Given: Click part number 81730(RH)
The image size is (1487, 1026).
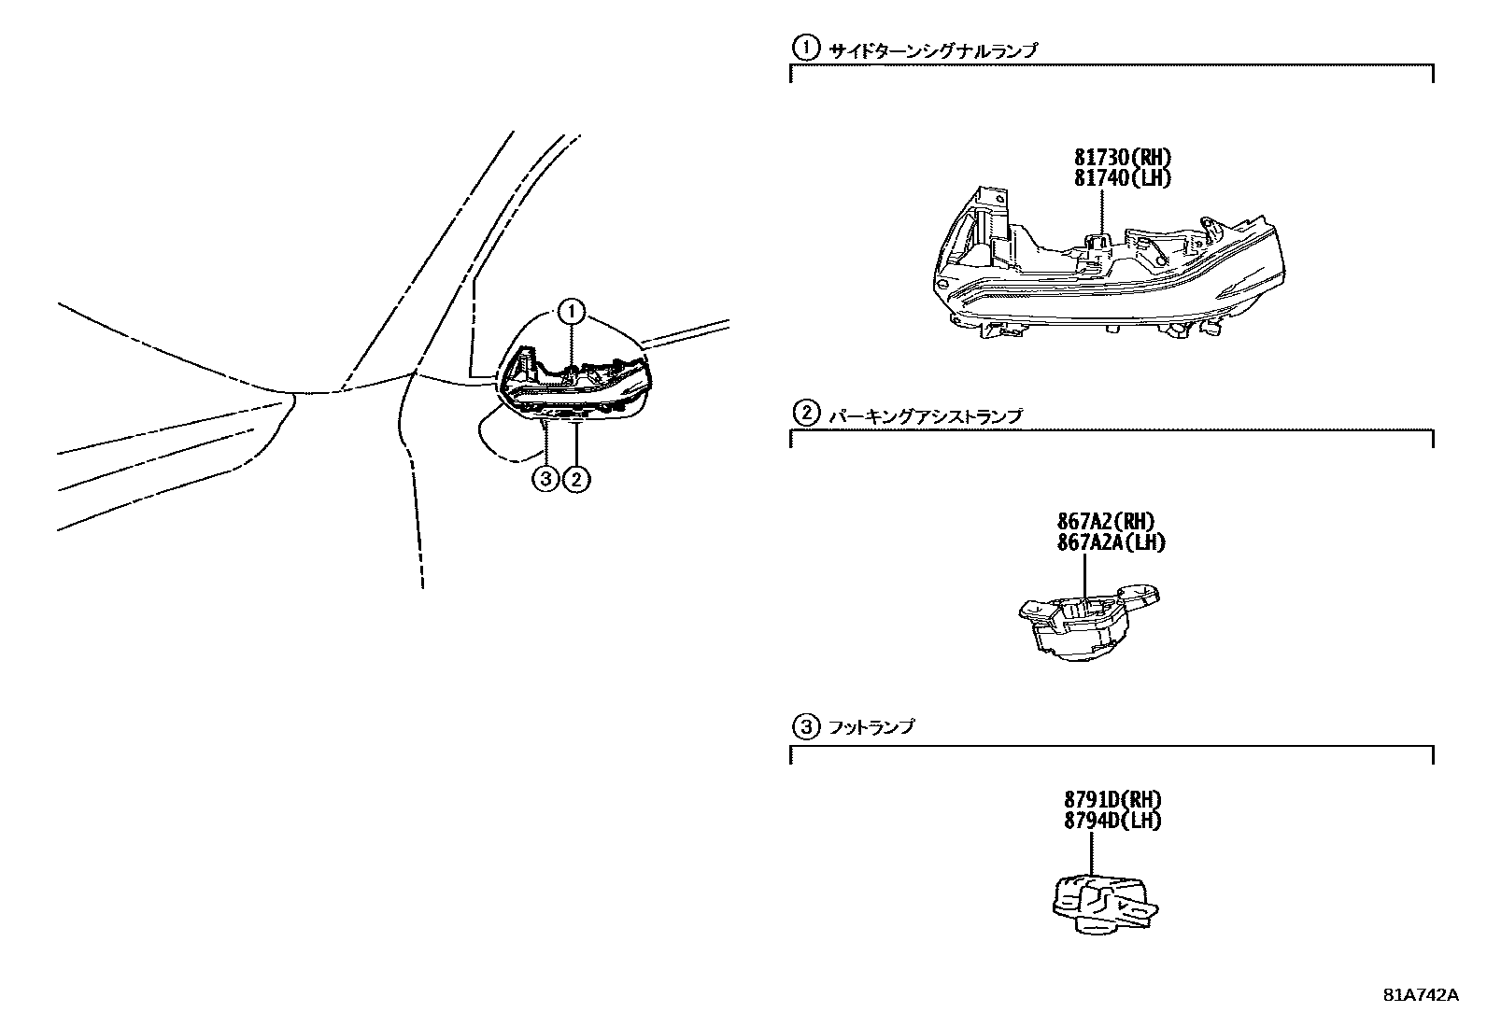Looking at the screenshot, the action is [x=1122, y=158].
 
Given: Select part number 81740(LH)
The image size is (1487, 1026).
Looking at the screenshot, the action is [x=1122, y=177].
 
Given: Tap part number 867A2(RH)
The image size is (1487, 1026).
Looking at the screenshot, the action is [x=1106, y=521].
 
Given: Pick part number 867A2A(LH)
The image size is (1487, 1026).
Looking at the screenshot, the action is [x=1112, y=541].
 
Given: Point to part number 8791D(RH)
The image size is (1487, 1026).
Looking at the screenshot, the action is [x=1112, y=800].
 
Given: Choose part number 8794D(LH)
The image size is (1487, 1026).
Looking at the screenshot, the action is [x=1112, y=821].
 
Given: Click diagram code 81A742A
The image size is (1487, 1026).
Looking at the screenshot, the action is [x=1420, y=994].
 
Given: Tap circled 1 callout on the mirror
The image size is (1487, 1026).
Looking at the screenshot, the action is [x=572, y=313].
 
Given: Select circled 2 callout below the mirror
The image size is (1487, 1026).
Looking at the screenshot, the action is [x=577, y=480].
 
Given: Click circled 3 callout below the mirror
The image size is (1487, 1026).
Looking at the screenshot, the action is [x=545, y=480].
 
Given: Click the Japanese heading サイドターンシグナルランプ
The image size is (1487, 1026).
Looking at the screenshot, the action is [x=932, y=51].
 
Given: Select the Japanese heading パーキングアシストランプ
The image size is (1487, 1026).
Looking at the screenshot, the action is [x=925, y=416].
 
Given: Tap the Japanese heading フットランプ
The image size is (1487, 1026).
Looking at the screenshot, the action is [x=871, y=726].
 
